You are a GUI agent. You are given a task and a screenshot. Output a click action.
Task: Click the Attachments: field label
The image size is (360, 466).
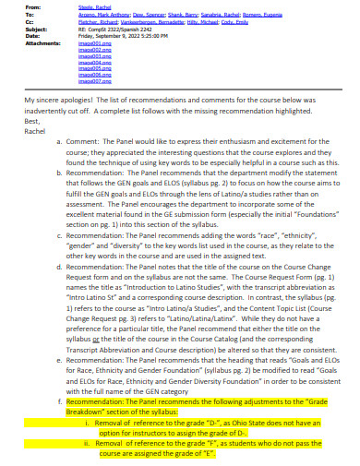point(42,47)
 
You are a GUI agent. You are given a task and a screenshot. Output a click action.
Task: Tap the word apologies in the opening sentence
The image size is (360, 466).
point(90,124)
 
